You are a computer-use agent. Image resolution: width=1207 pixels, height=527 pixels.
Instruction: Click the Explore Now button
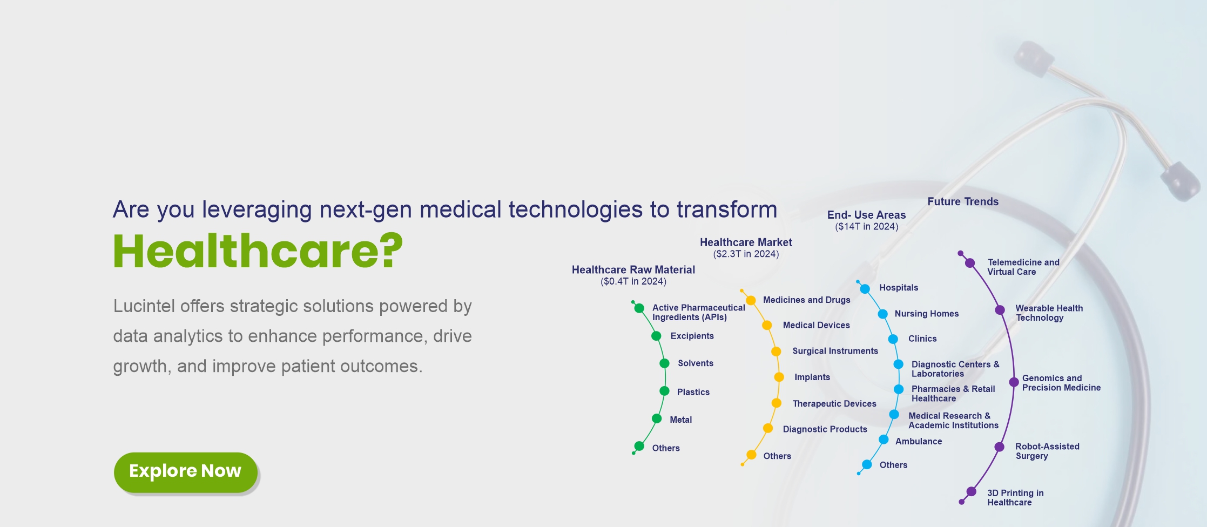[185, 472]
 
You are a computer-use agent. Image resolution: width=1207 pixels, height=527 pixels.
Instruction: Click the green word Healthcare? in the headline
[258, 252]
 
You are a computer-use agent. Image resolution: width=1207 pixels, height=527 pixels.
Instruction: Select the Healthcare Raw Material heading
[633, 269]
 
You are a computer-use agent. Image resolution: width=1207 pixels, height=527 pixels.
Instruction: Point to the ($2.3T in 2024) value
[746, 254]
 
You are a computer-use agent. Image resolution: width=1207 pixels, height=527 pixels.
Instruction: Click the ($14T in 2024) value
[867, 226]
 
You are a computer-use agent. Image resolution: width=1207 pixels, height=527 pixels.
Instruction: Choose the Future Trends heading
[963, 201]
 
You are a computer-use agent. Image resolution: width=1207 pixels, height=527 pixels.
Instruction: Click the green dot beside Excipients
[656, 336]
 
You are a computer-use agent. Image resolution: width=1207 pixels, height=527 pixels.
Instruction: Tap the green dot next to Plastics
[664, 391]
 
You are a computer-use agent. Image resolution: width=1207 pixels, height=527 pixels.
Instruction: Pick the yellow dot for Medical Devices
[767, 325]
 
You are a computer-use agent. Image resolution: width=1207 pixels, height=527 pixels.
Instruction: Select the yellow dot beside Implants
[779, 377]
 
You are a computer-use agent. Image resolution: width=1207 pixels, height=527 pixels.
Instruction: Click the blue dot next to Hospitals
[865, 288]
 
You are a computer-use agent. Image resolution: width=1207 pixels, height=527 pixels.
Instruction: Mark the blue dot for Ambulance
[884, 440]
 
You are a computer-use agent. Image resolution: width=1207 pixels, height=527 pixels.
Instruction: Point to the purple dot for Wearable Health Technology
[1000, 310]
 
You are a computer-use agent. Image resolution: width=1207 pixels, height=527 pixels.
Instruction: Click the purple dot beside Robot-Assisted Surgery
[1000, 447]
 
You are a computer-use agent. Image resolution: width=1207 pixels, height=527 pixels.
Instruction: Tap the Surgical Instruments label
[835, 351]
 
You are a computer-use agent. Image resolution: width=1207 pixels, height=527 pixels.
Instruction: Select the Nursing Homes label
[927, 314]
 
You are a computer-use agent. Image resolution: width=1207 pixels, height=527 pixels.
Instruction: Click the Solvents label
[696, 363]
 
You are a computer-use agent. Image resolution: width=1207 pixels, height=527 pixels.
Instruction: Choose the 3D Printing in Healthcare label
[1015, 497]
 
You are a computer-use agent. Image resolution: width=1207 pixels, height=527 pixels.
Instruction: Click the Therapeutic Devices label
[834, 403]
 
